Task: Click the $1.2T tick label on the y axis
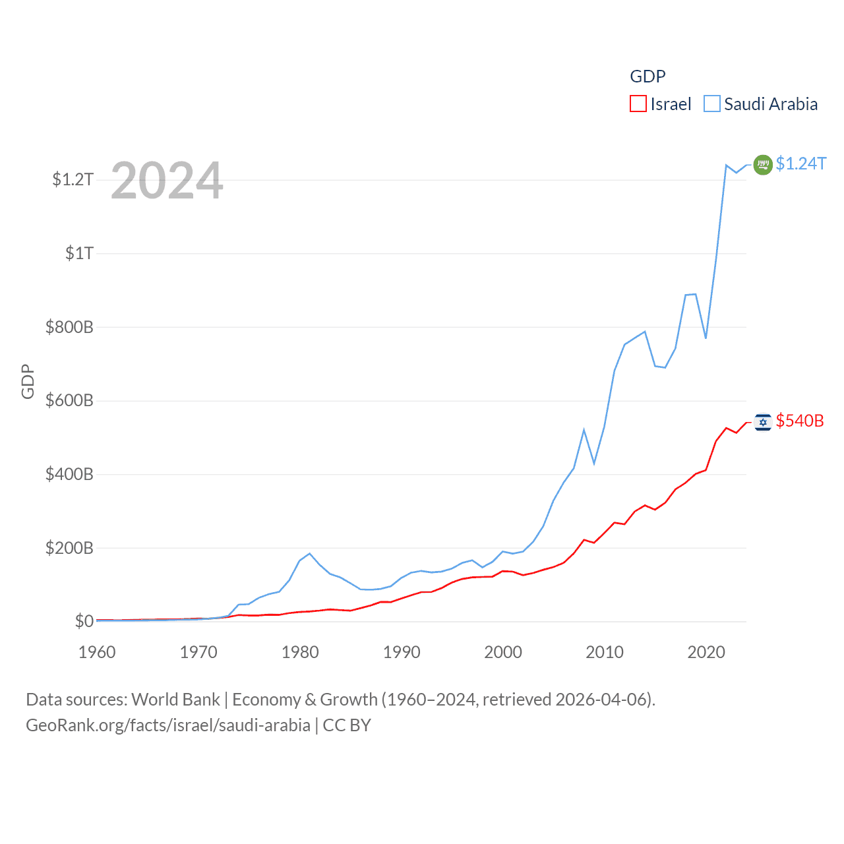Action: point(73,179)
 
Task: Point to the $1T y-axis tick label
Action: point(79,253)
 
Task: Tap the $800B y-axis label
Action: point(69,327)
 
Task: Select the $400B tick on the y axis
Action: point(69,474)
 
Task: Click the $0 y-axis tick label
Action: point(84,621)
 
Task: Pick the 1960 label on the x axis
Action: point(97,652)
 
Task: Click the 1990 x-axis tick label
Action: point(402,652)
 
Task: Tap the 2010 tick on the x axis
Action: point(605,652)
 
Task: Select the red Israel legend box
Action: point(638,104)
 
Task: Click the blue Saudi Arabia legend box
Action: point(712,104)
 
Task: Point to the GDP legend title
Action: point(648,76)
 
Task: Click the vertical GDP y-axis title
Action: point(28,381)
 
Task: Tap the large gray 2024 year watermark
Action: point(167,181)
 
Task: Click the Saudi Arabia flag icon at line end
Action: point(763,164)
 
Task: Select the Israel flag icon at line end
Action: point(763,422)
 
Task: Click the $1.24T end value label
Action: point(800,164)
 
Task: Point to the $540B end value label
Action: point(800,421)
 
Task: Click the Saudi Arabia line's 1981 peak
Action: point(309,553)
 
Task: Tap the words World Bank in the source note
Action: point(176,699)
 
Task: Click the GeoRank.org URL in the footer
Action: point(168,725)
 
